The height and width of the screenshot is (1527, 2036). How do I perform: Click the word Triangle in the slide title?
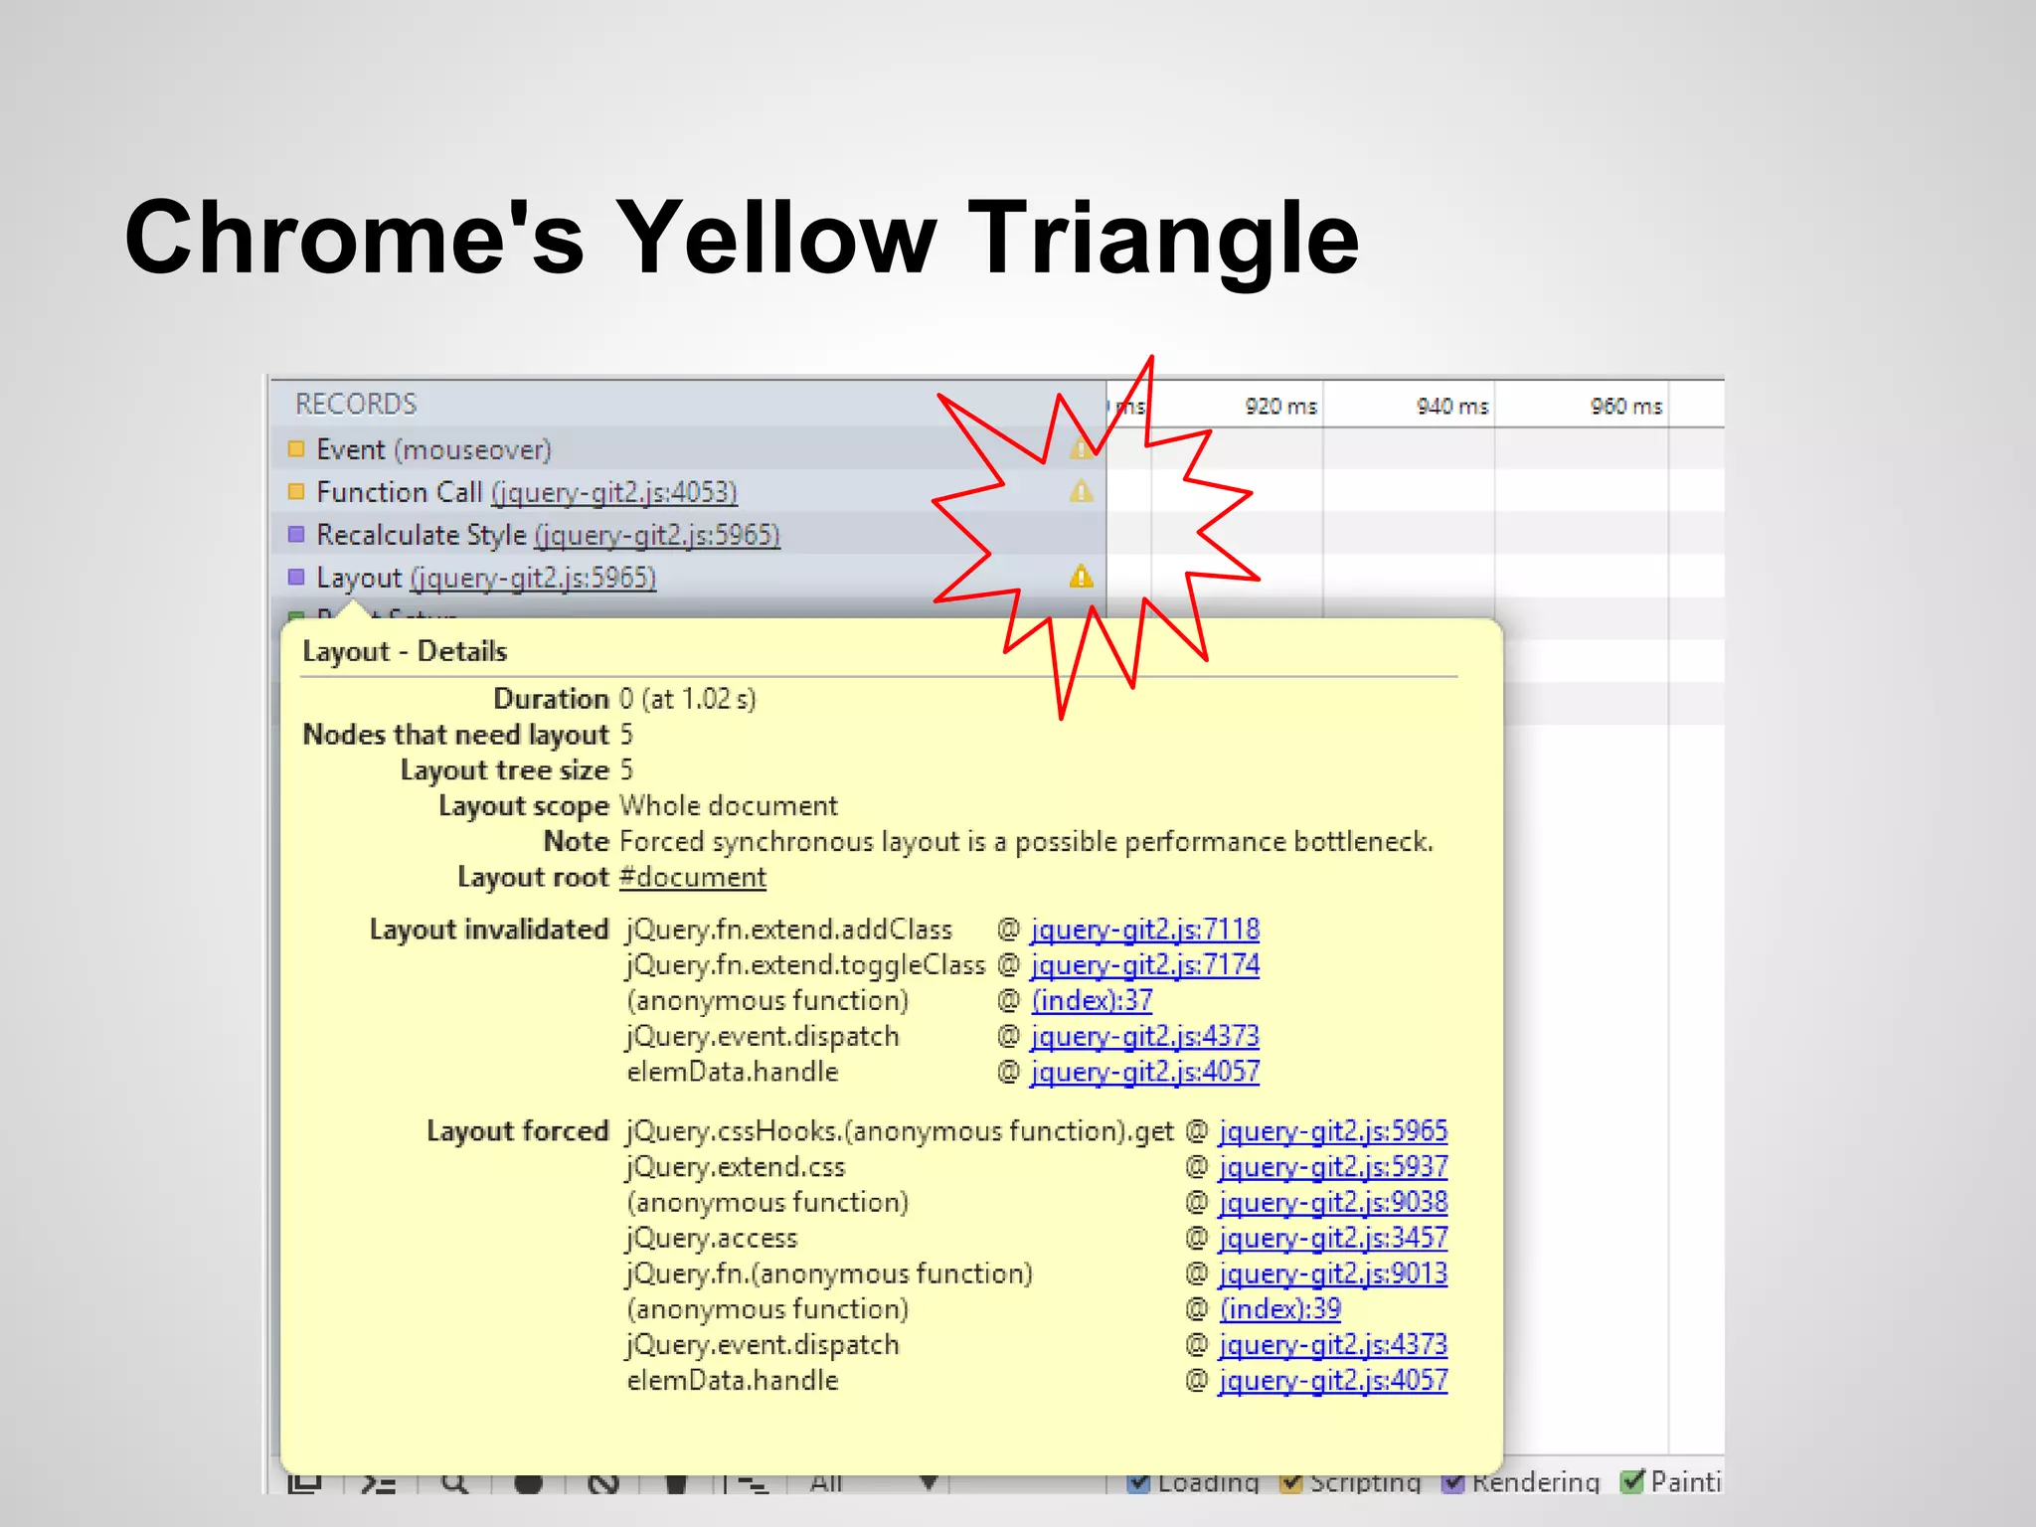click(x=1162, y=239)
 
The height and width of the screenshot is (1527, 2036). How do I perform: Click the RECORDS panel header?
click(x=356, y=405)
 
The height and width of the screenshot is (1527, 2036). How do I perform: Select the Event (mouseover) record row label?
click(x=433, y=450)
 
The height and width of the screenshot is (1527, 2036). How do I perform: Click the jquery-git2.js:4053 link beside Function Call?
click(x=614, y=493)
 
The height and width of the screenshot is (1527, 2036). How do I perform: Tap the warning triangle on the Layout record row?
click(x=1082, y=578)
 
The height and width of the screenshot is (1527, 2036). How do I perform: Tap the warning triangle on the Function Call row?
click(x=1082, y=492)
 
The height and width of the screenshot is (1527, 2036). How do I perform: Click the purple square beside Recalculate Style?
click(x=296, y=535)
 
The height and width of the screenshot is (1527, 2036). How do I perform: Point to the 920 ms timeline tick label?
click(x=1280, y=407)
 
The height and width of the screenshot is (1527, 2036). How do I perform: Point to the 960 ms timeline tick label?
click(x=1625, y=407)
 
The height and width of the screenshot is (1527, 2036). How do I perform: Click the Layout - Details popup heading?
click(x=405, y=652)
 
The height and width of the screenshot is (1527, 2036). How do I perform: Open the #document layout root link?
click(x=693, y=878)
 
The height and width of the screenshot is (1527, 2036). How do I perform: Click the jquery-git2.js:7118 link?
click(x=1145, y=930)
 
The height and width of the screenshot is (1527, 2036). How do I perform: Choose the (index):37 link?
click(x=1092, y=1001)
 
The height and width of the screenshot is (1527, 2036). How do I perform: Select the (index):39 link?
click(x=1280, y=1309)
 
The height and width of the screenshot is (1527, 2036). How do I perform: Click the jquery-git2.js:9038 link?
click(x=1333, y=1203)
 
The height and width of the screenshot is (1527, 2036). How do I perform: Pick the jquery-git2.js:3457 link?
click(x=1333, y=1239)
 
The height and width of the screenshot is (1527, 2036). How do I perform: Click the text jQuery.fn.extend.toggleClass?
click(x=805, y=965)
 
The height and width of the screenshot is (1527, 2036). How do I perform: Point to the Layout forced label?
click(x=517, y=1131)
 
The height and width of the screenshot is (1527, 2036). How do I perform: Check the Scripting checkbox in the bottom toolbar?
click(x=1291, y=1482)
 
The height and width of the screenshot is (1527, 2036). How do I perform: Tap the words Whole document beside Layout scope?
click(x=729, y=806)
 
